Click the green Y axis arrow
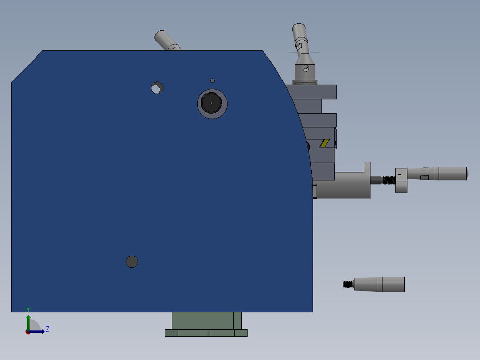[28, 321]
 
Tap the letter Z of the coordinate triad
[48, 329]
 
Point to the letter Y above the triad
[28, 310]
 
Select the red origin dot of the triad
[28, 332]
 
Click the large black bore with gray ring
[212, 103]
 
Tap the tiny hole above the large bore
[212, 81]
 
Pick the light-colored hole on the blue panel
[157, 88]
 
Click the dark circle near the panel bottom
[132, 262]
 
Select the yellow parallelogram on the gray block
[325, 143]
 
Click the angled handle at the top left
[167, 41]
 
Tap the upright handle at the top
[300, 36]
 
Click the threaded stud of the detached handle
[348, 284]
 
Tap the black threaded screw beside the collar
[388, 180]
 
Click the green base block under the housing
[206, 320]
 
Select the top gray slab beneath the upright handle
[312, 92]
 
